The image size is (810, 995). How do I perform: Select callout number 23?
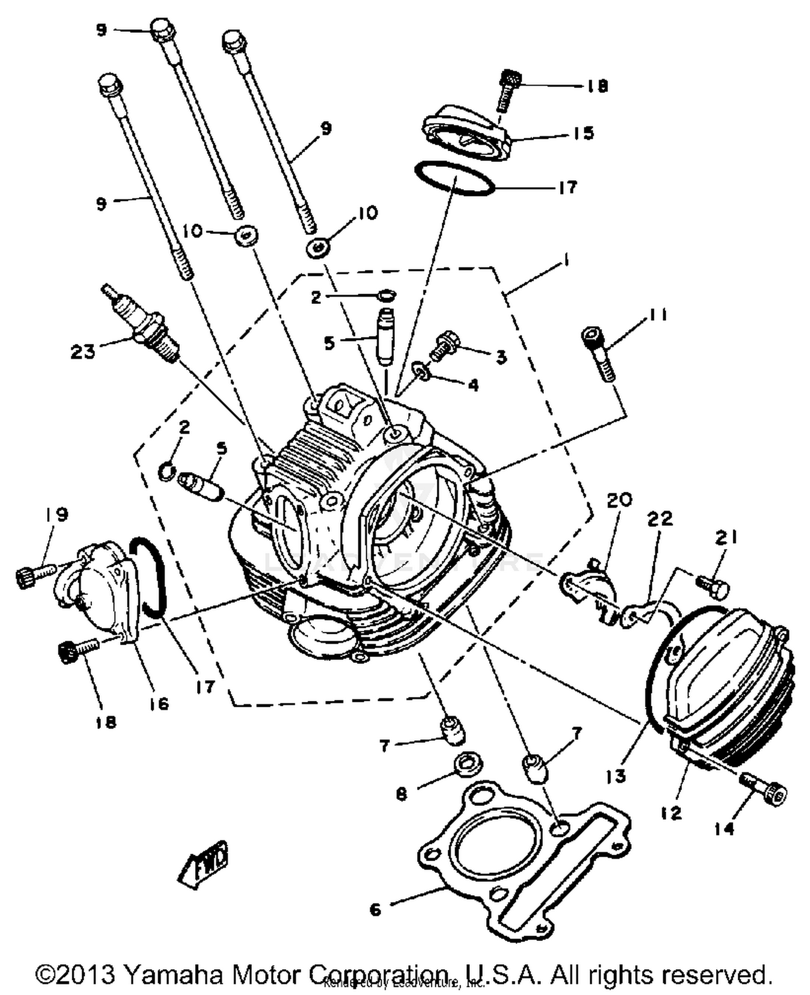[83, 352]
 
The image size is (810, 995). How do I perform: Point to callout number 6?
[375, 909]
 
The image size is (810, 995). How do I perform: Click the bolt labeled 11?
[598, 355]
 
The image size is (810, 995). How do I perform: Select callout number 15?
[583, 133]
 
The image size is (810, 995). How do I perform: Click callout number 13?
[616, 776]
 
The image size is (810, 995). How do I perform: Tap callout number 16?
[159, 703]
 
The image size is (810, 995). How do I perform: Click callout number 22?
[660, 518]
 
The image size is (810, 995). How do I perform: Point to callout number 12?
[671, 813]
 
